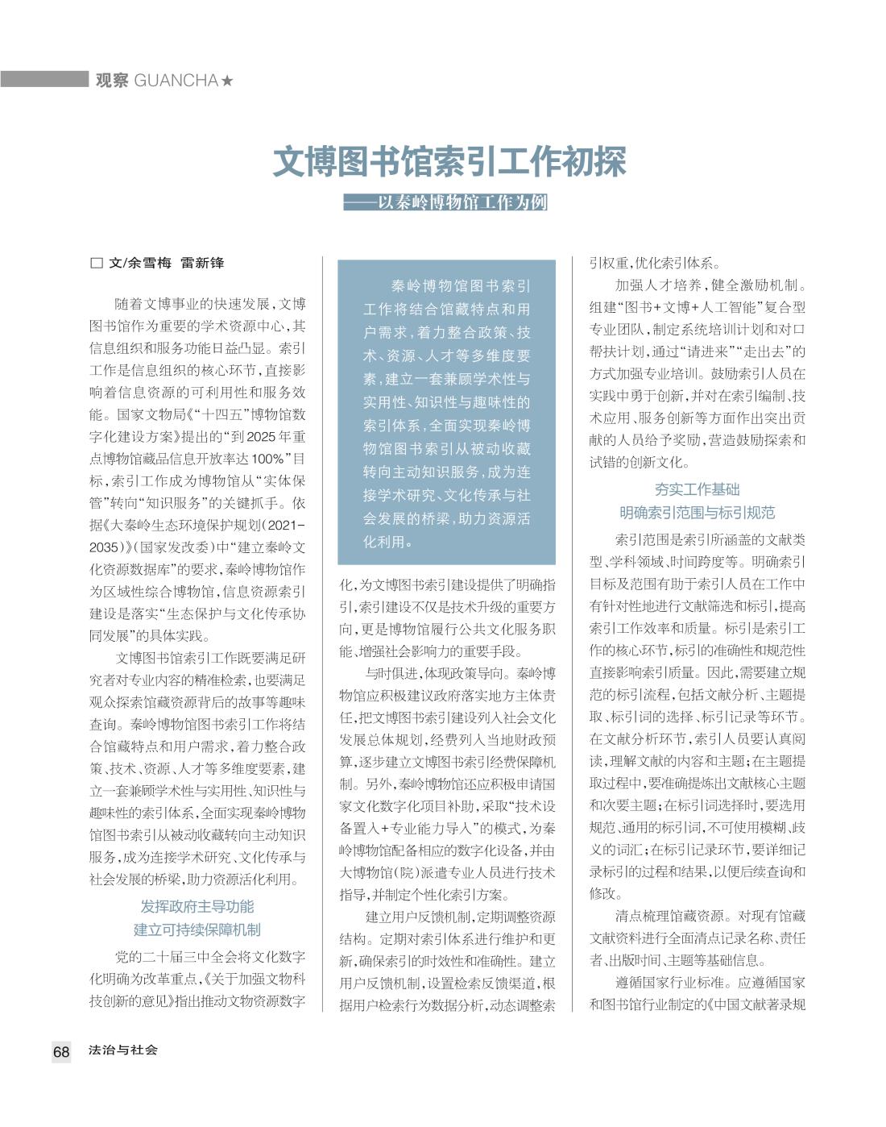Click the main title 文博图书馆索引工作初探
pyautogui.click(x=449, y=161)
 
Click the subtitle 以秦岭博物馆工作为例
pyautogui.click(x=462, y=202)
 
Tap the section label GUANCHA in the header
pyautogui.click(x=177, y=81)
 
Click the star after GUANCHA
pyautogui.click(x=228, y=81)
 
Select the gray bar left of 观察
pyautogui.click(x=43, y=79)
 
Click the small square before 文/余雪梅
pyautogui.click(x=97, y=263)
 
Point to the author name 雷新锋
pyautogui.click(x=202, y=263)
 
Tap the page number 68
pyautogui.click(x=61, y=1051)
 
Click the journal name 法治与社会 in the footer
pyautogui.click(x=123, y=1050)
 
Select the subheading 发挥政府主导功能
pyautogui.click(x=197, y=907)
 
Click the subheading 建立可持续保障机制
pyautogui.click(x=197, y=929)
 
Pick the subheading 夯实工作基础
pyautogui.click(x=697, y=489)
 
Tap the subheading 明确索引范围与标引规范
pyautogui.click(x=697, y=513)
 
